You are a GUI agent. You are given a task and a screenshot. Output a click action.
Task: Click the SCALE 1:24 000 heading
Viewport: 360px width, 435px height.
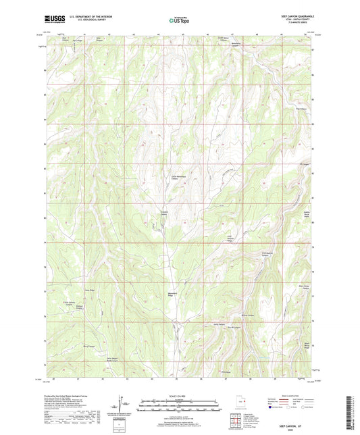point(179,396)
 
